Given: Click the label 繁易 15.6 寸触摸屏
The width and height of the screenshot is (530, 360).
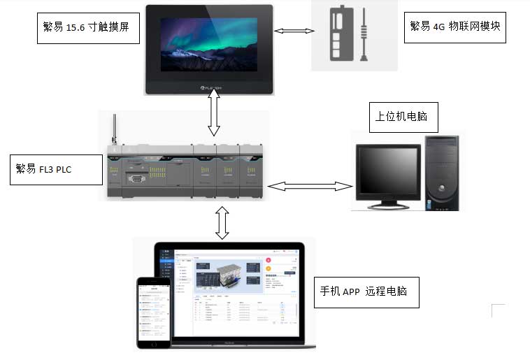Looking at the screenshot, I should click(x=86, y=27).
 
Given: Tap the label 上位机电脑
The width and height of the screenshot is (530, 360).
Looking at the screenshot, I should click(x=403, y=117).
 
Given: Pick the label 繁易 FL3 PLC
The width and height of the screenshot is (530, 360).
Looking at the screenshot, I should click(x=56, y=168).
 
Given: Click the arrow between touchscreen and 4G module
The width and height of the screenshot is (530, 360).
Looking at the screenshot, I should click(x=294, y=31).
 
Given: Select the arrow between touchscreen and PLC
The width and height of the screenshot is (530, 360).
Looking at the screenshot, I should click(x=214, y=116).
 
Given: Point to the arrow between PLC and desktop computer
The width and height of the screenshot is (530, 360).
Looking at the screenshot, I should click(x=310, y=186).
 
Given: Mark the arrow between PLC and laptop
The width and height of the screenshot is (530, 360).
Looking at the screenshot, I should click(x=222, y=222).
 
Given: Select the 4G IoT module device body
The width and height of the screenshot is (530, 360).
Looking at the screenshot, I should click(x=338, y=35).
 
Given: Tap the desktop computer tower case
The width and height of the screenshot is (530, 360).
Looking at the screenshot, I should click(x=442, y=171).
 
